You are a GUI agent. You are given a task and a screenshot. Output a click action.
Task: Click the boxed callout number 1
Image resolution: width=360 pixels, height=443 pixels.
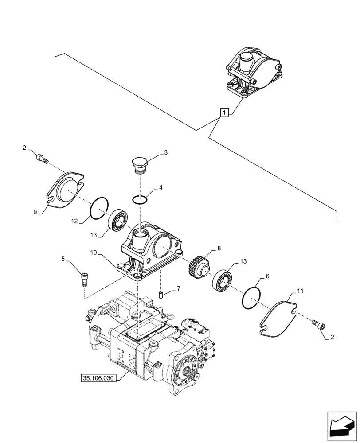(x=225, y=113)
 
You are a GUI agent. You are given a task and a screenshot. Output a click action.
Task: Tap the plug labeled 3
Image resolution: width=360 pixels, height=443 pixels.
(x=139, y=165)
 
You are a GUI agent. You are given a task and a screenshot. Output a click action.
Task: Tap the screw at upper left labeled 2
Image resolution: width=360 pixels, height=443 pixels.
(x=41, y=158)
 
